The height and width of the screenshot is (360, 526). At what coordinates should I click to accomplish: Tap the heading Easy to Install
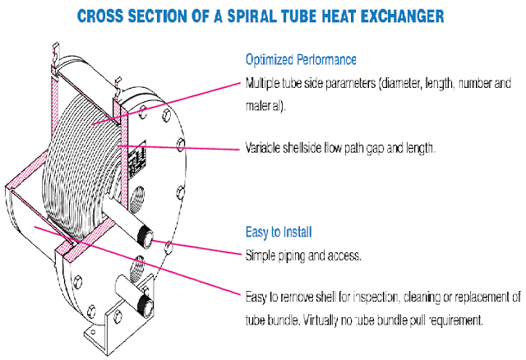(279, 233)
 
